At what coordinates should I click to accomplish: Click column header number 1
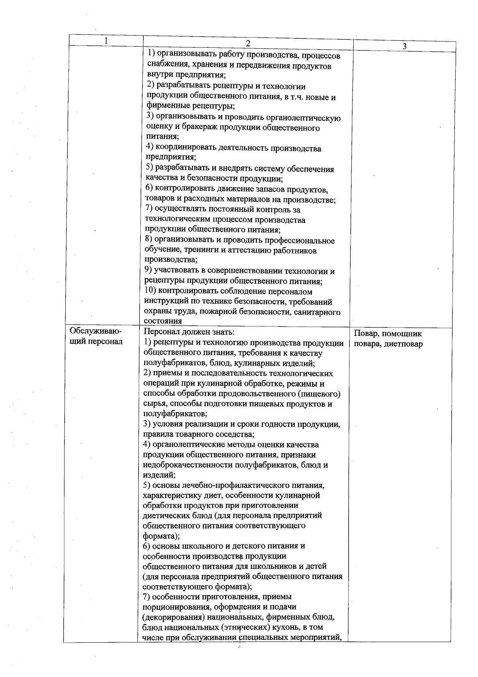point(106,41)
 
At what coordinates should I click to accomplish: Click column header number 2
point(248,43)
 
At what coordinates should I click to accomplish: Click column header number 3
point(404,46)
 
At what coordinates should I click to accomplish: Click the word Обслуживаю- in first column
point(96,332)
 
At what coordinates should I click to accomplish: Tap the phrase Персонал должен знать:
point(189,332)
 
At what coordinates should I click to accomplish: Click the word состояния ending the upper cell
point(163,321)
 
